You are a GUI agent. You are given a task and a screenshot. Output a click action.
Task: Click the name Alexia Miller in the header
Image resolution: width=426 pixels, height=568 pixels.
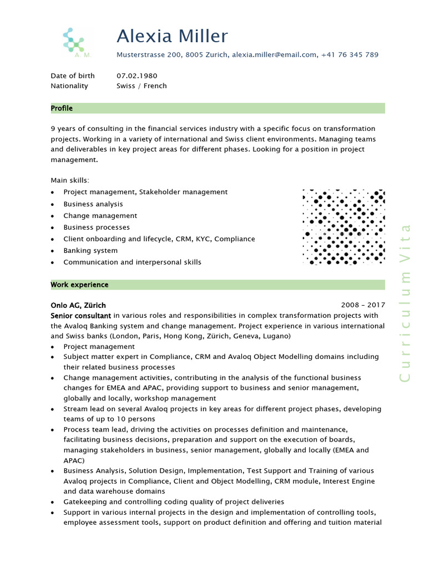[172, 37]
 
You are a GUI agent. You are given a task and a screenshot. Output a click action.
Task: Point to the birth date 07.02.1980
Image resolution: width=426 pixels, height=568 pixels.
[136, 75]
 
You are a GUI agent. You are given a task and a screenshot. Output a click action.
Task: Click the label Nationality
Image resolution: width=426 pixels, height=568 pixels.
[69, 86]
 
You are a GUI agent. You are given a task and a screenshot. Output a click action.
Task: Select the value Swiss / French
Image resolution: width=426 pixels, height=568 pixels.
[141, 86]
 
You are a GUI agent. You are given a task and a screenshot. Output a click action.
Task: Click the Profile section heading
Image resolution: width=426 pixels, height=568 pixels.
[62, 108]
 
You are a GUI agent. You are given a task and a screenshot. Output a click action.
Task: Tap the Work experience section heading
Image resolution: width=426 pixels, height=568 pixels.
[79, 285]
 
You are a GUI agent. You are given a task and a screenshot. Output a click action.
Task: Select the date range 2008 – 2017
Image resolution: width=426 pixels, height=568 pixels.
[363, 305]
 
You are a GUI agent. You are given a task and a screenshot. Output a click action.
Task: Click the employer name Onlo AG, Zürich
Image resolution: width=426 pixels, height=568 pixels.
[78, 305]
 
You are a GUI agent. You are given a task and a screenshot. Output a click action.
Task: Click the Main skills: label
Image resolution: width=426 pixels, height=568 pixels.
[70, 180]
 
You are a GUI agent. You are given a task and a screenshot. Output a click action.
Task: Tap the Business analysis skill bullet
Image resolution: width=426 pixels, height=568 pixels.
[93, 204]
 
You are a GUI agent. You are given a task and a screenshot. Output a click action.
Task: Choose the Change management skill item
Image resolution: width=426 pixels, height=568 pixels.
[100, 216]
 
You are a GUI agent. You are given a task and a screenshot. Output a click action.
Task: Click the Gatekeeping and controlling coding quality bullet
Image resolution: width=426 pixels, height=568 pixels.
[174, 501]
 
